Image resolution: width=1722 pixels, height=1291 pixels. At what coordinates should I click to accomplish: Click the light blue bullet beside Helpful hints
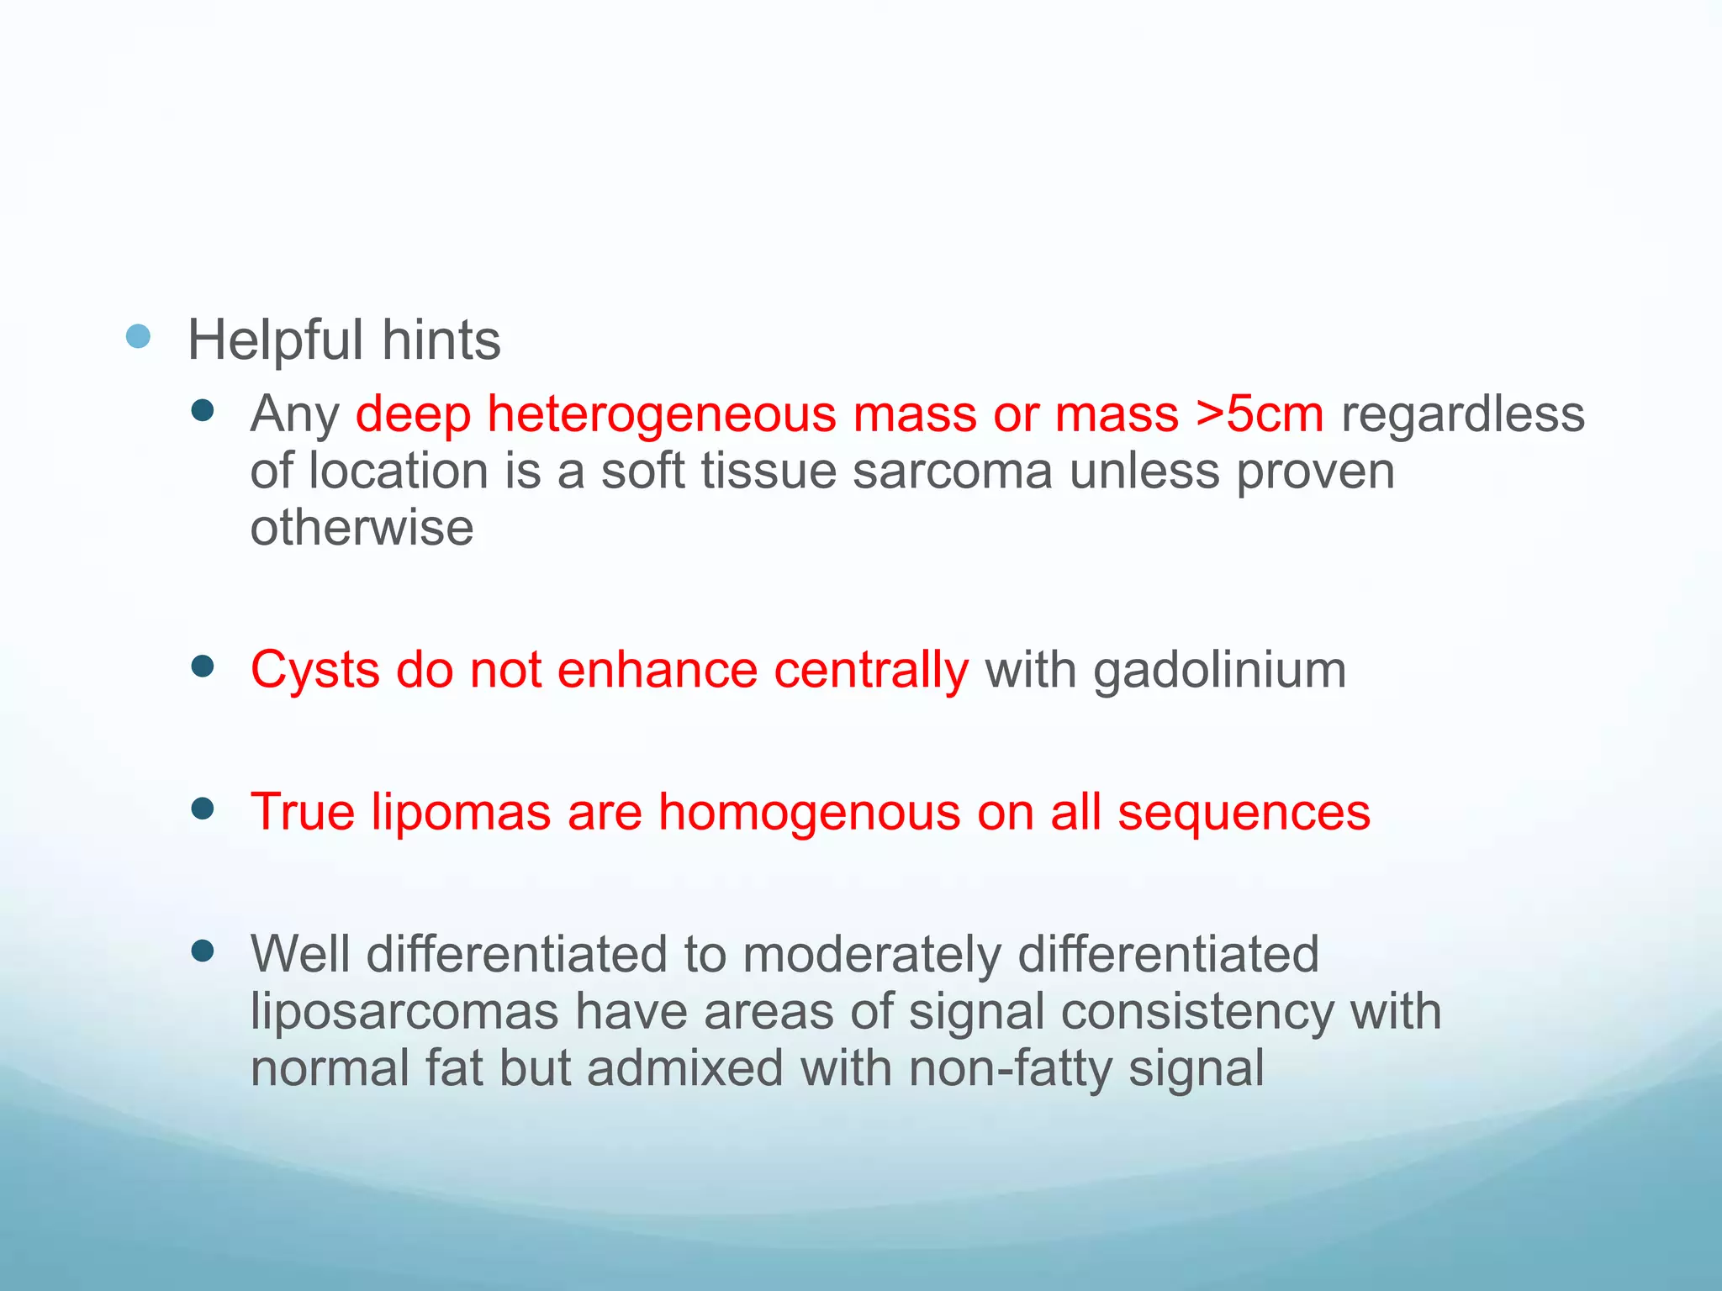pos(138,337)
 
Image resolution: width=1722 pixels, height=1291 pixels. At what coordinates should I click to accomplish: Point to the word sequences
pos(1244,813)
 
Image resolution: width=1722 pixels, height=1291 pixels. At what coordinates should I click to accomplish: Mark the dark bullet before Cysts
pos(203,667)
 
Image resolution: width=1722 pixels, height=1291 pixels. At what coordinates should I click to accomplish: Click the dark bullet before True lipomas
pos(203,809)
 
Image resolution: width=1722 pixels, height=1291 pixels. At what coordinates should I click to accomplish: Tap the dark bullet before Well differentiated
pos(203,951)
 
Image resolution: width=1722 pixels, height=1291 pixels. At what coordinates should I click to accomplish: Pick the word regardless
pos(1462,415)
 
